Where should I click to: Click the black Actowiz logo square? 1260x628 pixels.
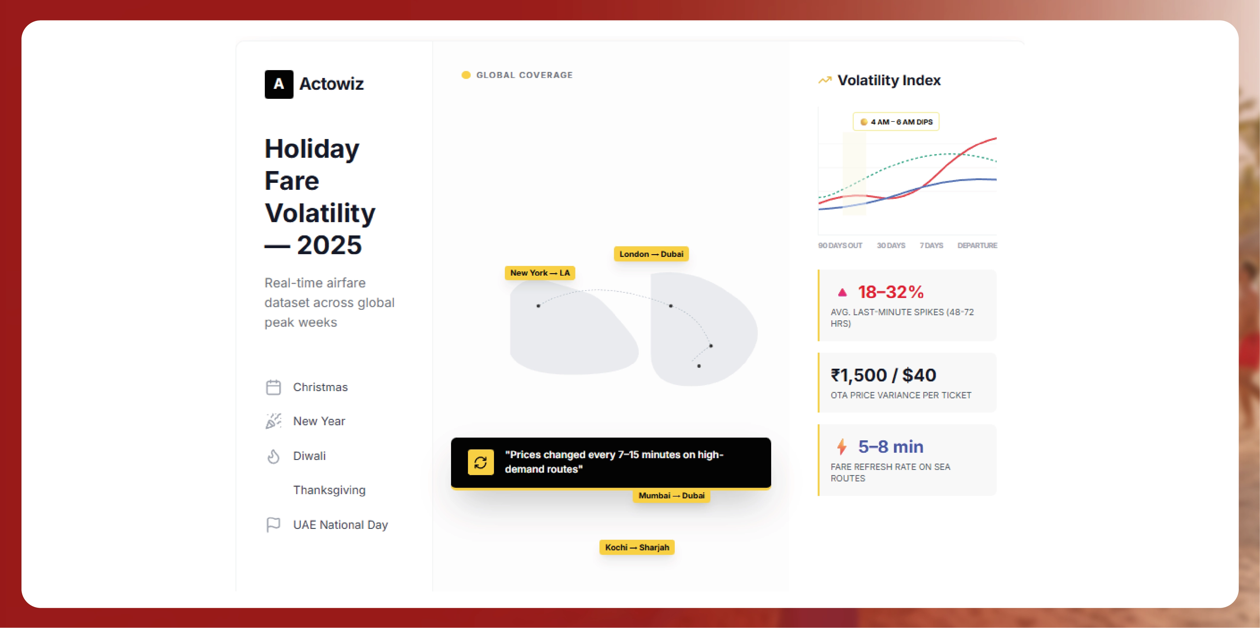[x=279, y=84]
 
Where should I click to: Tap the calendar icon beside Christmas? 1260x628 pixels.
[x=273, y=387]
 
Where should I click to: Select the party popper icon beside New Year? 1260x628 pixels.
[x=273, y=421]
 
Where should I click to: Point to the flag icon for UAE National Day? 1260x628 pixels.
[x=273, y=525]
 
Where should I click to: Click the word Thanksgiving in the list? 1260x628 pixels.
[x=329, y=490]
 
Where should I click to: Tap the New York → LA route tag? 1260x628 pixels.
[x=540, y=273]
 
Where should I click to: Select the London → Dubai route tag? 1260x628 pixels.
[x=651, y=254]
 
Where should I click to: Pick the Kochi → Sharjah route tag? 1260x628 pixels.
[x=637, y=547]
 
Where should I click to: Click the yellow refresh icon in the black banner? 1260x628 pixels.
[x=480, y=462]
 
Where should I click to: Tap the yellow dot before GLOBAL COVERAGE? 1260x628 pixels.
[x=466, y=75]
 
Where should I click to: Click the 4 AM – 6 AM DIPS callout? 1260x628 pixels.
[x=896, y=122]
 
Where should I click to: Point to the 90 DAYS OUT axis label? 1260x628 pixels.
[x=840, y=245]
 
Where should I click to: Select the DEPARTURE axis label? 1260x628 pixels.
[x=977, y=245]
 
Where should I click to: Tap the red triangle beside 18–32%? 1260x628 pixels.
[x=842, y=293]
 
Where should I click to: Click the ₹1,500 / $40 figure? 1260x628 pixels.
[x=883, y=375]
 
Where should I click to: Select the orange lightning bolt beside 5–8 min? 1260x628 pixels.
[x=841, y=447]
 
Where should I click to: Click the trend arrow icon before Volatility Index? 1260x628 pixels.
[x=825, y=80]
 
